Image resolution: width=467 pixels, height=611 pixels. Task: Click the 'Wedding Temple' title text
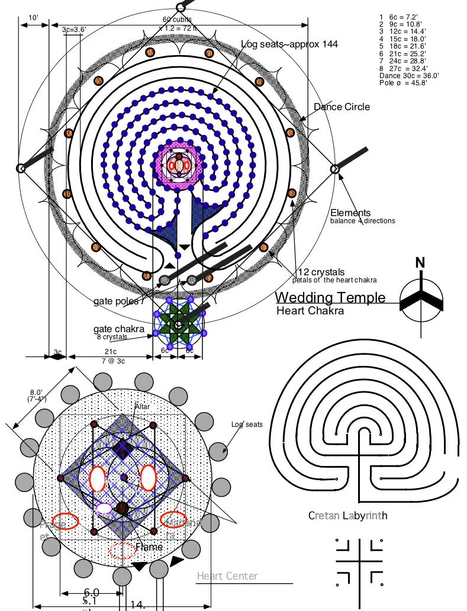[330, 297]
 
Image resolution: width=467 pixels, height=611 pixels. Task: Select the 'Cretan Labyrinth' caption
[347, 516]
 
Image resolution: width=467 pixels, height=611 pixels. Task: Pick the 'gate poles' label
[116, 301]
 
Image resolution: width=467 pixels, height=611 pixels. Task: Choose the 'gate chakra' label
[117, 329]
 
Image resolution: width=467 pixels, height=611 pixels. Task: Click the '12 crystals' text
[321, 272]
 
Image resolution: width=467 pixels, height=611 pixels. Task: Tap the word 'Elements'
[350, 213]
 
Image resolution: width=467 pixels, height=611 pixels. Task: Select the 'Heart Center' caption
[227, 576]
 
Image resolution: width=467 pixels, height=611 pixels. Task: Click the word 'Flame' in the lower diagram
[149, 547]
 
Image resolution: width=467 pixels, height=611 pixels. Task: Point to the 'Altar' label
[142, 407]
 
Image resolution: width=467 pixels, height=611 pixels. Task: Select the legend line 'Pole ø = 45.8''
[403, 83]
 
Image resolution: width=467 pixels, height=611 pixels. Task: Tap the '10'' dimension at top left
[34, 18]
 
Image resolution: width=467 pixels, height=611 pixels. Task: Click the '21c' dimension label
[111, 352]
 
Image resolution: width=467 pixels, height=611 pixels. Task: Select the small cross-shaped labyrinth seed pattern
[357, 559]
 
